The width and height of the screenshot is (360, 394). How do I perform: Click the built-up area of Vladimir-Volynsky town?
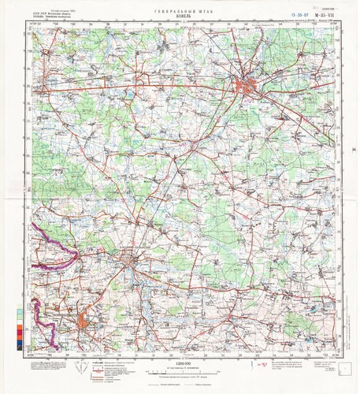point(126,272)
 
